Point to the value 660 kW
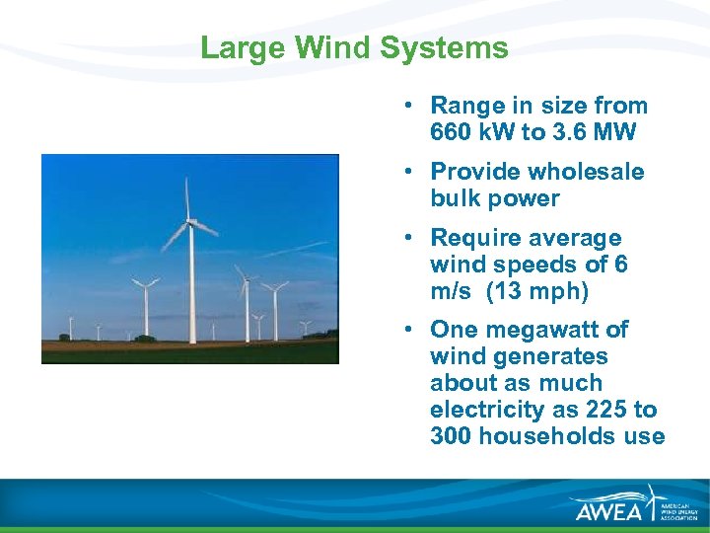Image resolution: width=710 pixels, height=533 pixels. (x=469, y=132)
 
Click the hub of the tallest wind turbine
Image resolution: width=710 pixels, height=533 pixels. (x=188, y=223)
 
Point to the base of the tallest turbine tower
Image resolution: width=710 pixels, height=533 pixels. (x=192, y=342)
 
